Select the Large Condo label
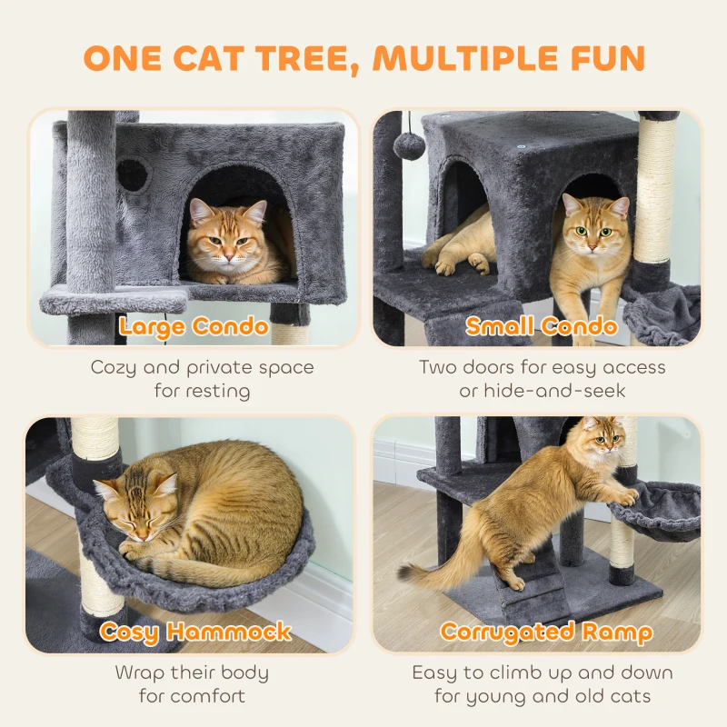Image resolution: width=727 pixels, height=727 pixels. (194, 326)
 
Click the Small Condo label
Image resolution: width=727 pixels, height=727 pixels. (542, 326)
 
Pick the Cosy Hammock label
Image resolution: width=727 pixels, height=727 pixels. (195, 632)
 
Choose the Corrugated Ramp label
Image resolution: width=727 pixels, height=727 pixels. (545, 632)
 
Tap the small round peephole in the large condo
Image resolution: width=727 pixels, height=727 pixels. (133, 174)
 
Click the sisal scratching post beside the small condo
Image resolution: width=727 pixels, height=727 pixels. (656, 191)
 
